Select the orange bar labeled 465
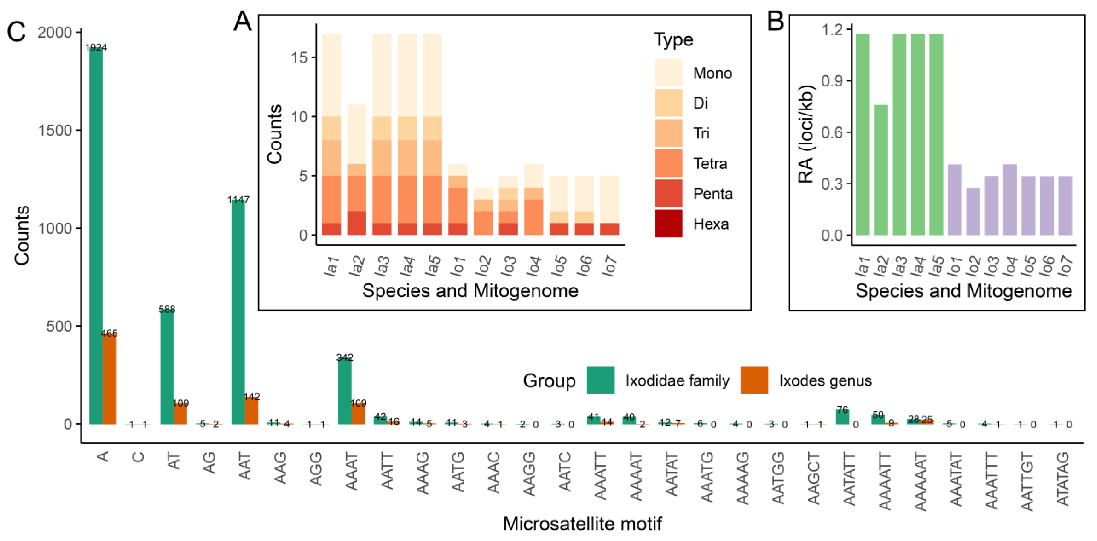pyautogui.click(x=109, y=379)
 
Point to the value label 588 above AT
pyautogui.click(x=167, y=309)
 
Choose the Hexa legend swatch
pyautogui.click(x=668, y=223)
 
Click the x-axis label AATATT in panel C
pyautogui.click(x=849, y=479)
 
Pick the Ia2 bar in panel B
pyautogui.click(x=881, y=170)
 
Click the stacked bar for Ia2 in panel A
pyautogui.click(x=356, y=170)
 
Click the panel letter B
pyautogui.click(x=775, y=21)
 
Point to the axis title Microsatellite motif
pyautogui.click(x=582, y=524)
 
